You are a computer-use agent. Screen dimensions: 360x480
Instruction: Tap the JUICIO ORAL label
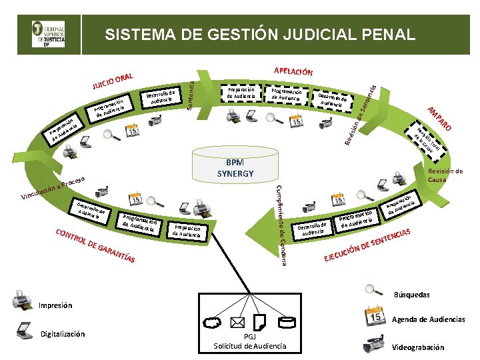click(x=113, y=81)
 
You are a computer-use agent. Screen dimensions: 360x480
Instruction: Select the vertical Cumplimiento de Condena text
click(x=281, y=224)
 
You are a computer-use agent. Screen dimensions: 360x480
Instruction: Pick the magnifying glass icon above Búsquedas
click(x=373, y=291)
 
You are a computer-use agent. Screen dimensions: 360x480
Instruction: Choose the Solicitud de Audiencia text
click(x=249, y=345)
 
